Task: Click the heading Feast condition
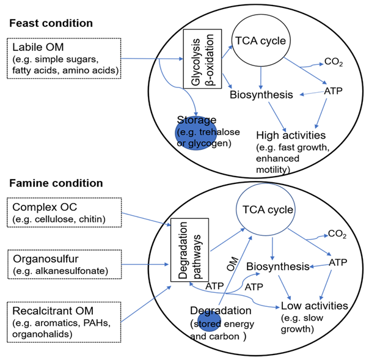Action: click(x=50, y=23)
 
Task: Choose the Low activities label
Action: click(x=314, y=305)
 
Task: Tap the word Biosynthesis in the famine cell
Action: click(x=277, y=266)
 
